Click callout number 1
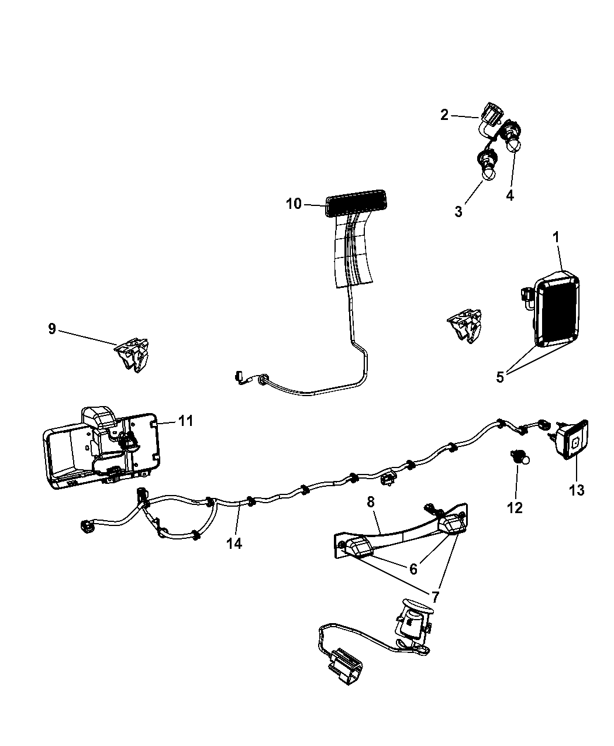(556, 237)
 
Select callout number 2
(445, 115)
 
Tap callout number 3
(458, 211)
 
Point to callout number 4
(510, 195)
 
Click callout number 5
(500, 377)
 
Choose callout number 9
(52, 329)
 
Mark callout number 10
(294, 204)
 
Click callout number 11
(185, 420)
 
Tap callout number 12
(515, 507)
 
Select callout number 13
(577, 490)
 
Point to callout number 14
(234, 543)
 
